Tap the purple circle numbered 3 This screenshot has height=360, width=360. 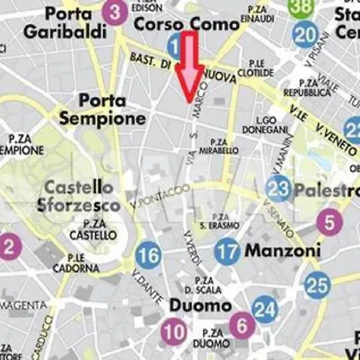[116, 12]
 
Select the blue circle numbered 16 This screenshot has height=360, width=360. [148, 256]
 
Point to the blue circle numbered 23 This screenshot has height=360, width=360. [278, 189]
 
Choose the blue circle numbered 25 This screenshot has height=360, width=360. [318, 284]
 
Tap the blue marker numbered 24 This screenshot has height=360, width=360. [265, 309]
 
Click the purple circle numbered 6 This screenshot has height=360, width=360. [242, 325]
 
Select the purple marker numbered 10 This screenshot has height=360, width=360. [173, 330]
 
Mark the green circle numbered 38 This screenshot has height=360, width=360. [302, 7]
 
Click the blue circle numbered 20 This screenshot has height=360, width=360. [305, 34]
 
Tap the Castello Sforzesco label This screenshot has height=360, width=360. [82, 196]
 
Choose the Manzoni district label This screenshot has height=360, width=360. [282, 251]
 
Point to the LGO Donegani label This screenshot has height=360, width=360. [259, 124]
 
